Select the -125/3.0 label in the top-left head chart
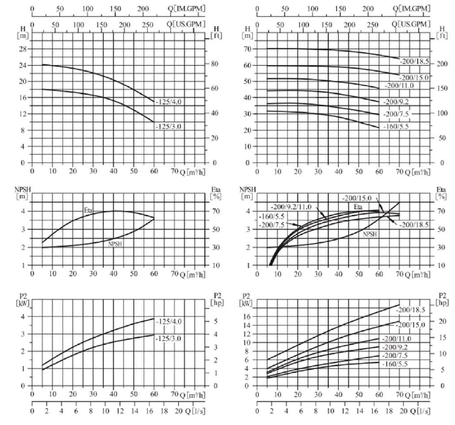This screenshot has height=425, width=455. pyautogui.click(x=170, y=126)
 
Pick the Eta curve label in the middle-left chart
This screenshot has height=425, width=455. pyautogui.click(x=89, y=210)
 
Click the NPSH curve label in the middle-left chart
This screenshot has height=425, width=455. pyautogui.click(x=116, y=243)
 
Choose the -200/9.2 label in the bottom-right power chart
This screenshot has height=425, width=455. pyautogui.click(x=396, y=347)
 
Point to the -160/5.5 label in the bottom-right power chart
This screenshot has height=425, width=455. pyautogui.click(x=396, y=364)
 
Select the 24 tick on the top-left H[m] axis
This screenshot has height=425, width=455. pyautogui.click(x=22, y=65)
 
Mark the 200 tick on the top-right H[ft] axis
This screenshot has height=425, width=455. pyautogui.click(x=442, y=63)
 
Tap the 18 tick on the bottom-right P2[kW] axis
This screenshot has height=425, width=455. pyautogui.click(x=248, y=308)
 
